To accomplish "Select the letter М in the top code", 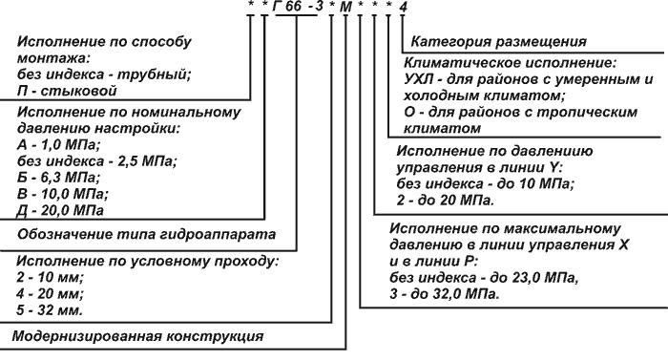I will [344, 8].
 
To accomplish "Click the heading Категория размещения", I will [497, 42].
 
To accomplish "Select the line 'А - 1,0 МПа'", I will [62, 143].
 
